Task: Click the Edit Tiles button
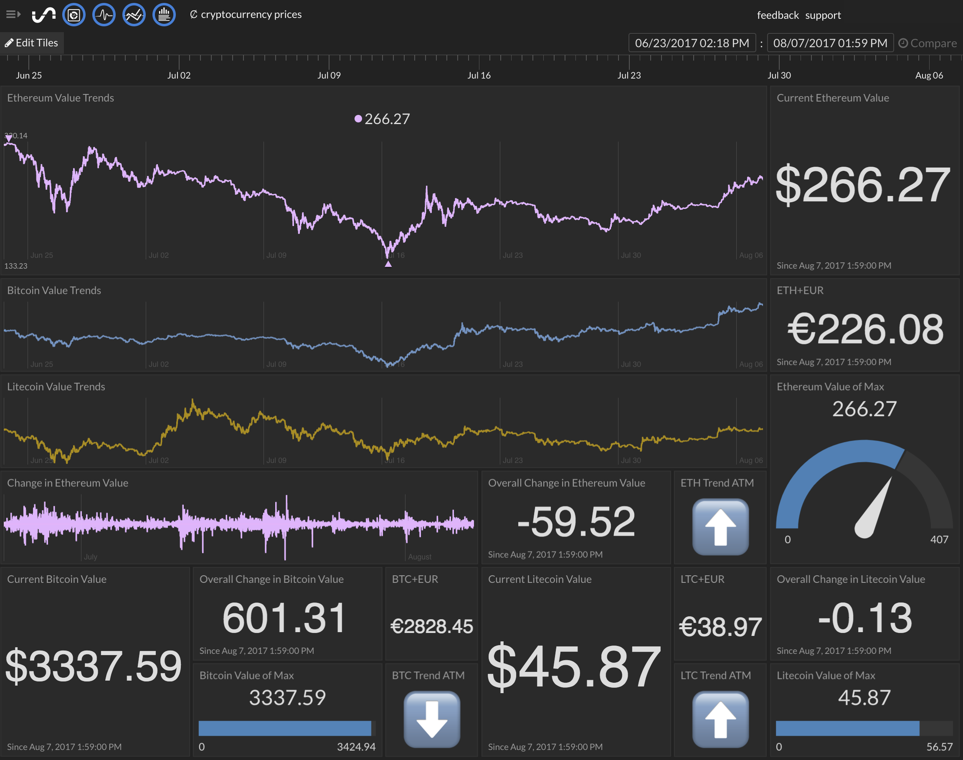point(32,43)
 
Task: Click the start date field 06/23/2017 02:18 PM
point(692,43)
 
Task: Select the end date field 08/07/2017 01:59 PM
point(830,43)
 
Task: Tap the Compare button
point(928,43)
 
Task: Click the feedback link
point(778,15)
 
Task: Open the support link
point(823,15)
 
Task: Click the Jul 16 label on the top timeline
point(479,75)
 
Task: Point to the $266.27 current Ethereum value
point(863,185)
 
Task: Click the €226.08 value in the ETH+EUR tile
point(865,329)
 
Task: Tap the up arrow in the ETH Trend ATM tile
point(720,527)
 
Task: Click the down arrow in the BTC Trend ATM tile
point(431,719)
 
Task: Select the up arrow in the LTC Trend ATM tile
point(720,719)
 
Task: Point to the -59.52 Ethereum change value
point(576,521)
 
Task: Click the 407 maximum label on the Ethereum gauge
point(939,539)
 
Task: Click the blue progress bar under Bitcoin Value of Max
point(285,728)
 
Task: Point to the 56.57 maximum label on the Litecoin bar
point(940,747)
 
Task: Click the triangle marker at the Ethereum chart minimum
point(388,264)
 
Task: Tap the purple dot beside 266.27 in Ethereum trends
point(358,118)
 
